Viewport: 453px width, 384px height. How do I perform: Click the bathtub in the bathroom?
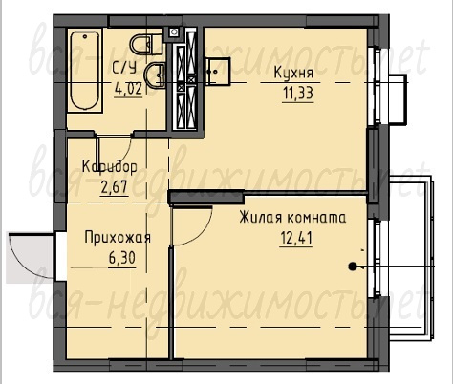tap(85, 71)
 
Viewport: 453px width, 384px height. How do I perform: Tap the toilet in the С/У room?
tap(146, 45)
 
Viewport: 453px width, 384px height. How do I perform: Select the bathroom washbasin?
tap(155, 75)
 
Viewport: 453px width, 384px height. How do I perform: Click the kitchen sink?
tap(217, 72)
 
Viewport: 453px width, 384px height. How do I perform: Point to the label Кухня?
tap(293, 73)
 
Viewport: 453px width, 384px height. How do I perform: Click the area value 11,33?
tap(298, 94)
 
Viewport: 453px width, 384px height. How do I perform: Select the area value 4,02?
tap(128, 89)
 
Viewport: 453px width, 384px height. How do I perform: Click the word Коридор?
tap(110, 166)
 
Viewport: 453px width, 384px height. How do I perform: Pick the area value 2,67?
tap(114, 187)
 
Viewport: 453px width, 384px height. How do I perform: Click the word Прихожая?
tap(118, 238)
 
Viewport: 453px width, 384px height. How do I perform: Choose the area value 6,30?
tap(122, 258)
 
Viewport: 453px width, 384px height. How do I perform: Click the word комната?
tap(316, 219)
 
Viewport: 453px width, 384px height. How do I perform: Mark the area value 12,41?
tap(296, 238)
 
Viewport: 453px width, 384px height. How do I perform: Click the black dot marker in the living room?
tap(352, 267)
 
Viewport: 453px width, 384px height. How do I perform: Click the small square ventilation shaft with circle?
tap(174, 32)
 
